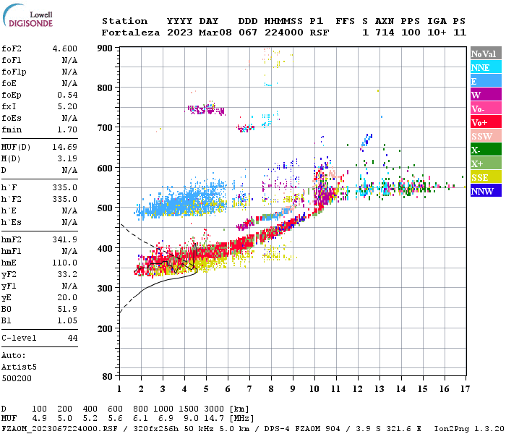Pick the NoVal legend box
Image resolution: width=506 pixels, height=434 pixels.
[484, 54]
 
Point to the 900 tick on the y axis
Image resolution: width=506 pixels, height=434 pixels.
[106, 48]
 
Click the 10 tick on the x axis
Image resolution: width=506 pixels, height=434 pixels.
[314, 389]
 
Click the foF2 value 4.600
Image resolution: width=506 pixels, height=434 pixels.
[64, 48]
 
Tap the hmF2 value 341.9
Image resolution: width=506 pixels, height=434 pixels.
[64, 239]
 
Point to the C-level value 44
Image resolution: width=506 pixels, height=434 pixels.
[72, 339]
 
